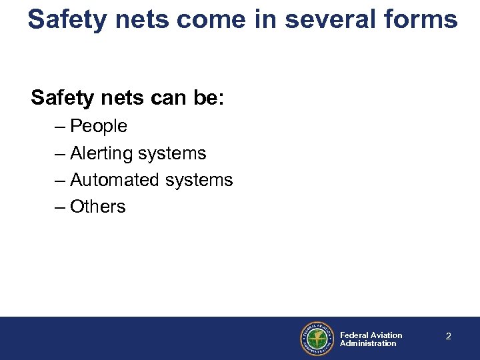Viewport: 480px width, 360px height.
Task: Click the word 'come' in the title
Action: point(213,19)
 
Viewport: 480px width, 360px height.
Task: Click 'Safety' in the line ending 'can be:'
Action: point(63,98)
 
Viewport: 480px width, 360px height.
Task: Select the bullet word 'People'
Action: point(98,126)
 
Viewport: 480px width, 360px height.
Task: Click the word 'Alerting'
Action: point(101,153)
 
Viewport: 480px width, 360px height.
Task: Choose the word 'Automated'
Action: point(111,180)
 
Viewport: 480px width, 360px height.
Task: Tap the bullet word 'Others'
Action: point(97,207)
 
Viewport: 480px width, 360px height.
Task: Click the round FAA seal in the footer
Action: point(316,339)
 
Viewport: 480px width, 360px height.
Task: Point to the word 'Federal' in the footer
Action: point(354,335)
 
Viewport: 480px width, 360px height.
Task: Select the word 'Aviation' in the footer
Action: point(387,335)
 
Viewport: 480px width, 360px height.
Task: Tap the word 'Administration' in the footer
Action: point(368,343)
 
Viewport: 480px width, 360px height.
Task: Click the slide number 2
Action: point(448,337)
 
